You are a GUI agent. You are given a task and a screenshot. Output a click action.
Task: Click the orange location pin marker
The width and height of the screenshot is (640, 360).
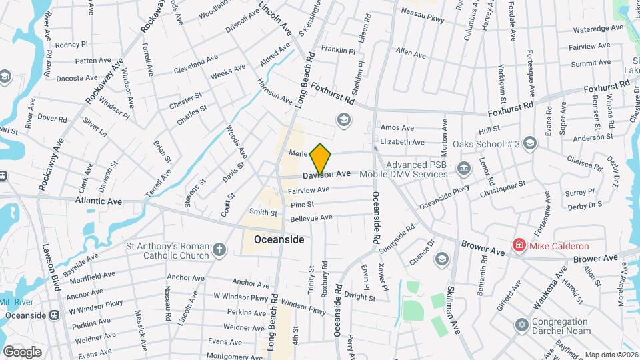pyautogui.click(x=321, y=159)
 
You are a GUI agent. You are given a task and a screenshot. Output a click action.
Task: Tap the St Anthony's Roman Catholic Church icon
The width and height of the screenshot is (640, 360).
pyautogui.click(x=221, y=251)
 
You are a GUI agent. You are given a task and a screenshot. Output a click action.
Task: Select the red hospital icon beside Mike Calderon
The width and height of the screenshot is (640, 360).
pyautogui.click(x=518, y=246)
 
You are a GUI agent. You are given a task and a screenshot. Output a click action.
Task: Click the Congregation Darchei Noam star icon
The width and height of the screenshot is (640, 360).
pyautogui.click(x=522, y=325)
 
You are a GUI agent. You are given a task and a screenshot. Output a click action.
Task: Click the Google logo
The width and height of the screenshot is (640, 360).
pyautogui.click(x=22, y=351)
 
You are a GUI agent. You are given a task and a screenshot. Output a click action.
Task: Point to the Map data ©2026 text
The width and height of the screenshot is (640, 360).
pyautogui.click(x=611, y=355)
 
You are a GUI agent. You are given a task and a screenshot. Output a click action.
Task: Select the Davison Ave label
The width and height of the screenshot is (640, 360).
pyautogui.click(x=327, y=174)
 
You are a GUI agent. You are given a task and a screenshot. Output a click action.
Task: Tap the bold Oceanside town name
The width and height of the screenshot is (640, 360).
pyautogui.click(x=279, y=239)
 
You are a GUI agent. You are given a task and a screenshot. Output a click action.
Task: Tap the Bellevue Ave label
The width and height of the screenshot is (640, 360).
pyautogui.click(x=311, y=218)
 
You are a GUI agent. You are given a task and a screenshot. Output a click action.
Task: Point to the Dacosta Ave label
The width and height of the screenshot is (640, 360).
pyautogui.click(x=77, y=78)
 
